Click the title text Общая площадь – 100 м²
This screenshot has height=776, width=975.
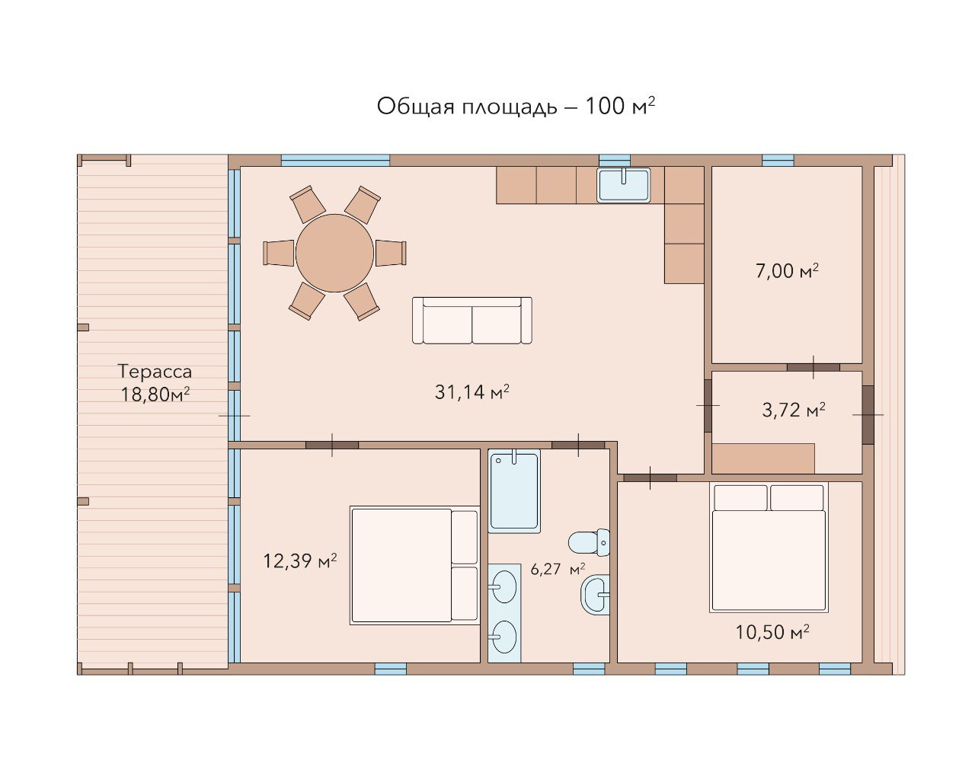tap(516, 107)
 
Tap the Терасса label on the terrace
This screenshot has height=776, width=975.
tap(155, 372)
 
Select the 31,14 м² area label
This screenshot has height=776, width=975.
tap(472, 392)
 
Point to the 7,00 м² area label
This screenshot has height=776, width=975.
tap(787, 271)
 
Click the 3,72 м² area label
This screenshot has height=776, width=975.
tap(793, 410)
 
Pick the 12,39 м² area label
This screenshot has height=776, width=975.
tap(300, 560)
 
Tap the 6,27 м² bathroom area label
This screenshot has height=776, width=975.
tap(558, 569)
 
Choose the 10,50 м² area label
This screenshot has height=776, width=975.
tap(772, 632)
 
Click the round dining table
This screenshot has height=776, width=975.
tap(335, 254)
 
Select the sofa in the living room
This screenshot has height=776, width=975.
tap(472, 321)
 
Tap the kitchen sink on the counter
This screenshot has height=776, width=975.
tap(623, 185)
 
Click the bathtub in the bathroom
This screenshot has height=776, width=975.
tap(514, 491)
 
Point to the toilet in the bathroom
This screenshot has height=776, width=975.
tap(589, 542)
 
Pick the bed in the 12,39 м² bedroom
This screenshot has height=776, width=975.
tap(414, 565)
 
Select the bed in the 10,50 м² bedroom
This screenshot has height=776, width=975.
tap(769, 548)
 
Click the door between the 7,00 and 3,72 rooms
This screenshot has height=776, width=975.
tap(814, 367)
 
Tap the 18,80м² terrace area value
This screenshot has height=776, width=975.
tap(155, 394)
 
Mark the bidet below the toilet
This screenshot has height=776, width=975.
tap(595, 594)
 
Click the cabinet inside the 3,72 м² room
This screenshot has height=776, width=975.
tap(763, 458)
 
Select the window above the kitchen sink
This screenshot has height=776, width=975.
tap(615, 161)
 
